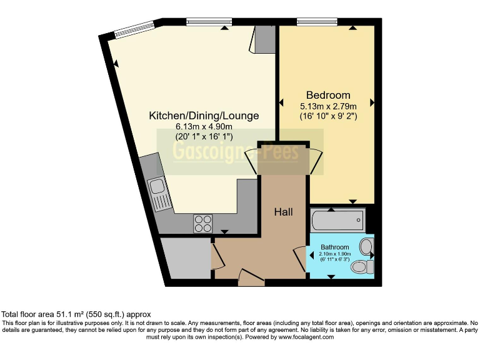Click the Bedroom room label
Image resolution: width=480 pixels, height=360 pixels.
(x=328, y=95)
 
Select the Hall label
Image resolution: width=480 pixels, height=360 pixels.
(x=284, y=212)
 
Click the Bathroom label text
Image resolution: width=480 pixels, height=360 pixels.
(x=335, y=247)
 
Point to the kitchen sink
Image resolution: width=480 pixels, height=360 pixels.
(x=157, y=190)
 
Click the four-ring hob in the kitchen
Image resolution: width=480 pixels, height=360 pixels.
(x=203, y=223)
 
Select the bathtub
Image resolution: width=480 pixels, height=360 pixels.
(x=336, y=219)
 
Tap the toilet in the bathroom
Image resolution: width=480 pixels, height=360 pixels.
(x=361, y=267)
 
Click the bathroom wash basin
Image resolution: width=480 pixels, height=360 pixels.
(x=366, y=247)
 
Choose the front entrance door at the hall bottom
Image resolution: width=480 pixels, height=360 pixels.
(x=252, y=279)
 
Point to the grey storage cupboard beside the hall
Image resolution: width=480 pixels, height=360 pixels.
(x=185, y=258)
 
